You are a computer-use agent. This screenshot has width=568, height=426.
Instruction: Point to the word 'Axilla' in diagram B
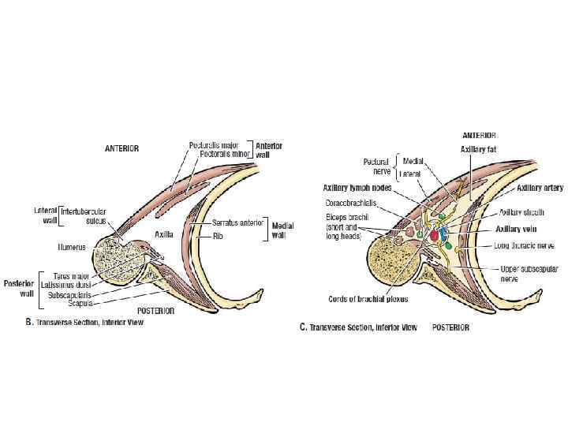point(163,234)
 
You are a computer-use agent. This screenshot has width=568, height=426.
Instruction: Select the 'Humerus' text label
point(73,246)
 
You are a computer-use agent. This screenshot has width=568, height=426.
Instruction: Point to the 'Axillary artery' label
point(540,189)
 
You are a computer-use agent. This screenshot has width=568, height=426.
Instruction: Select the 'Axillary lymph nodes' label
point(357,188)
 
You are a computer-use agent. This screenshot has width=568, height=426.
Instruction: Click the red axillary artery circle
point(433,235)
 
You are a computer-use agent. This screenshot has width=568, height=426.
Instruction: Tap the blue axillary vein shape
point(443,234)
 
